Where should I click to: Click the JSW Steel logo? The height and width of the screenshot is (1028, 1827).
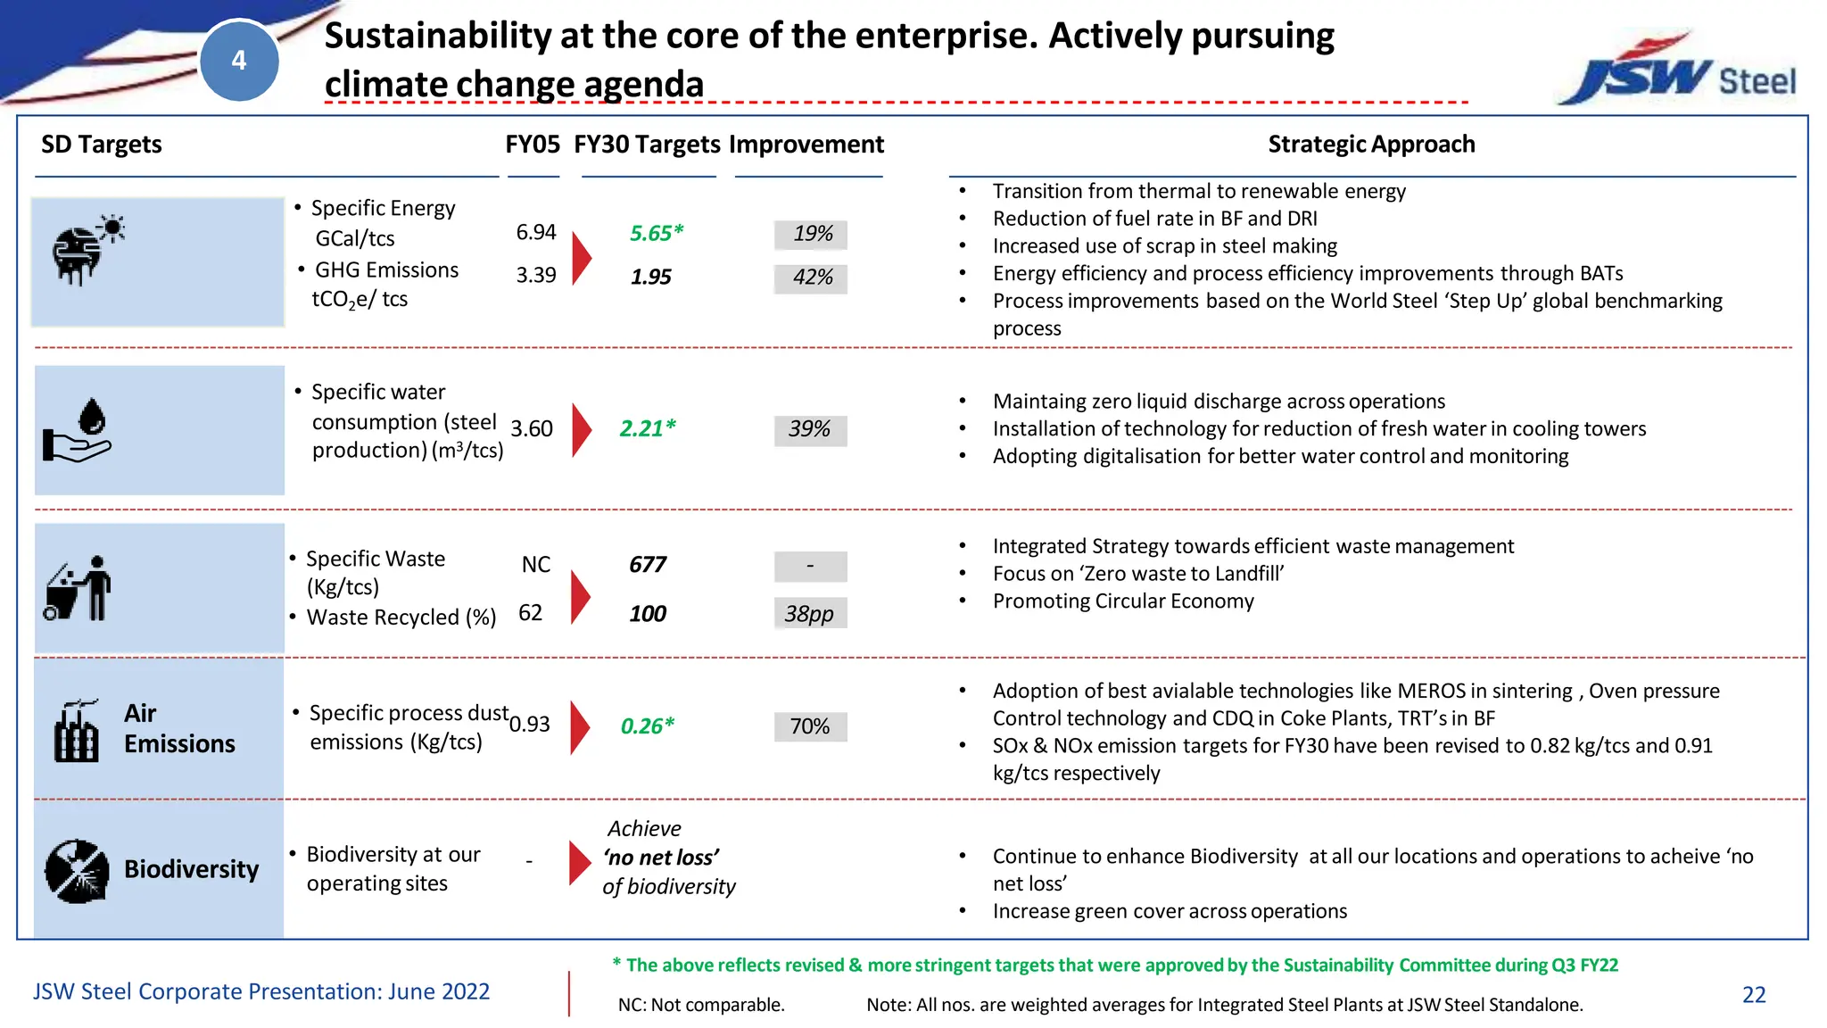coord(1677,73)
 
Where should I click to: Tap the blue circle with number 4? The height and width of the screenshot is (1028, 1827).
coord(239,61)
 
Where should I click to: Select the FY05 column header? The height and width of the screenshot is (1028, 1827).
coord(533,145)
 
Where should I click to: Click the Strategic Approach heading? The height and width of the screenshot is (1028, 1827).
coord(1371,145)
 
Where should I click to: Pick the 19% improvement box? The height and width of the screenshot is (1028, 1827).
coord(811,234)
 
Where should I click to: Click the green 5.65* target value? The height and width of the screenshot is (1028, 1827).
coord(656,234)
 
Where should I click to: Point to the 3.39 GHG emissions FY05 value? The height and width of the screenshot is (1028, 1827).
coord(536,276)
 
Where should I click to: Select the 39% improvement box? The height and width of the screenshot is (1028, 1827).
coord(810,429)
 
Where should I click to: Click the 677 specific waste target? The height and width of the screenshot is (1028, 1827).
coord(648,565)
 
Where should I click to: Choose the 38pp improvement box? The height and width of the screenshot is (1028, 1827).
coord(810,614)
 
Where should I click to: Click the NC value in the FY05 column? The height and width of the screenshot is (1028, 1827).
coord(536,565)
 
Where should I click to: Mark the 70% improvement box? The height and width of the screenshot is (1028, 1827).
coord(810,726)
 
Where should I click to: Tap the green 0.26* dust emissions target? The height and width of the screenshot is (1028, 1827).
coord(648,726)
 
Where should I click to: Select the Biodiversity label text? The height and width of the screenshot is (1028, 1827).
coord(191,869)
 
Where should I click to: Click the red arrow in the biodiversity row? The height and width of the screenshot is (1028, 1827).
coord(580,862)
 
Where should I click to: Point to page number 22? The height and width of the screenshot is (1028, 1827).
coord(1754,995)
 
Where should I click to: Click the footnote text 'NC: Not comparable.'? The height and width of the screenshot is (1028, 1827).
coord(701,1005)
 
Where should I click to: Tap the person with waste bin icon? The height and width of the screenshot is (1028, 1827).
coord(79,589)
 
